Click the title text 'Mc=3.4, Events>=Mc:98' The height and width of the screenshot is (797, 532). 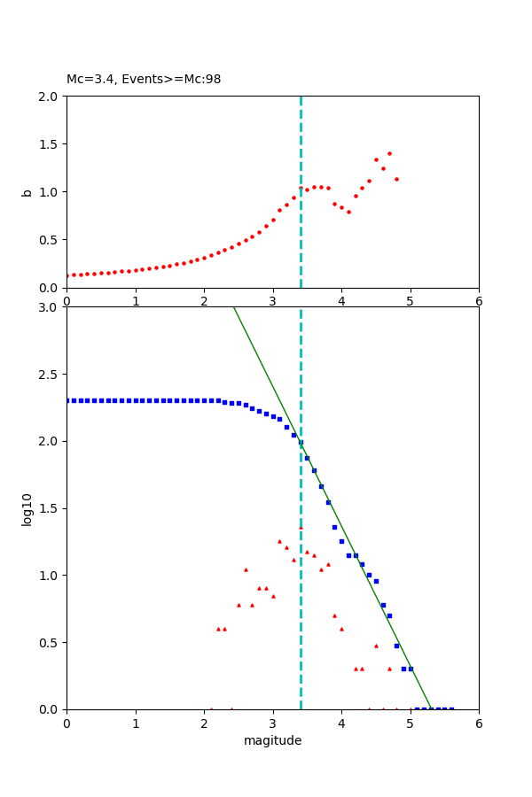(x=144, y=80)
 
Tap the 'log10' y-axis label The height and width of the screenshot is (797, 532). (x=27, y=509)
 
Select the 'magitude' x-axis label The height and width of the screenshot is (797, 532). (x=272, y=740)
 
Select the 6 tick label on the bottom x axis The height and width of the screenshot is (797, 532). (x=479, y=723)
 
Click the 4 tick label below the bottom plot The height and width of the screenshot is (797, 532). (x=341, y=723)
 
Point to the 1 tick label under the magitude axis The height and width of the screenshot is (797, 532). (x=136, y=723)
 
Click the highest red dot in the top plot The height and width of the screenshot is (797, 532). (x=389, y=153)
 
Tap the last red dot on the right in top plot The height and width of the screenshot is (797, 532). (x=396, y=179)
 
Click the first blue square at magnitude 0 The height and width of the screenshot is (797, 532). (x=67, y=400)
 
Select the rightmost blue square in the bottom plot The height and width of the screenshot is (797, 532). (x=451, y=708)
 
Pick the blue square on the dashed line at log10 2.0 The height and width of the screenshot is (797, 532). (x=301, y=442)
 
